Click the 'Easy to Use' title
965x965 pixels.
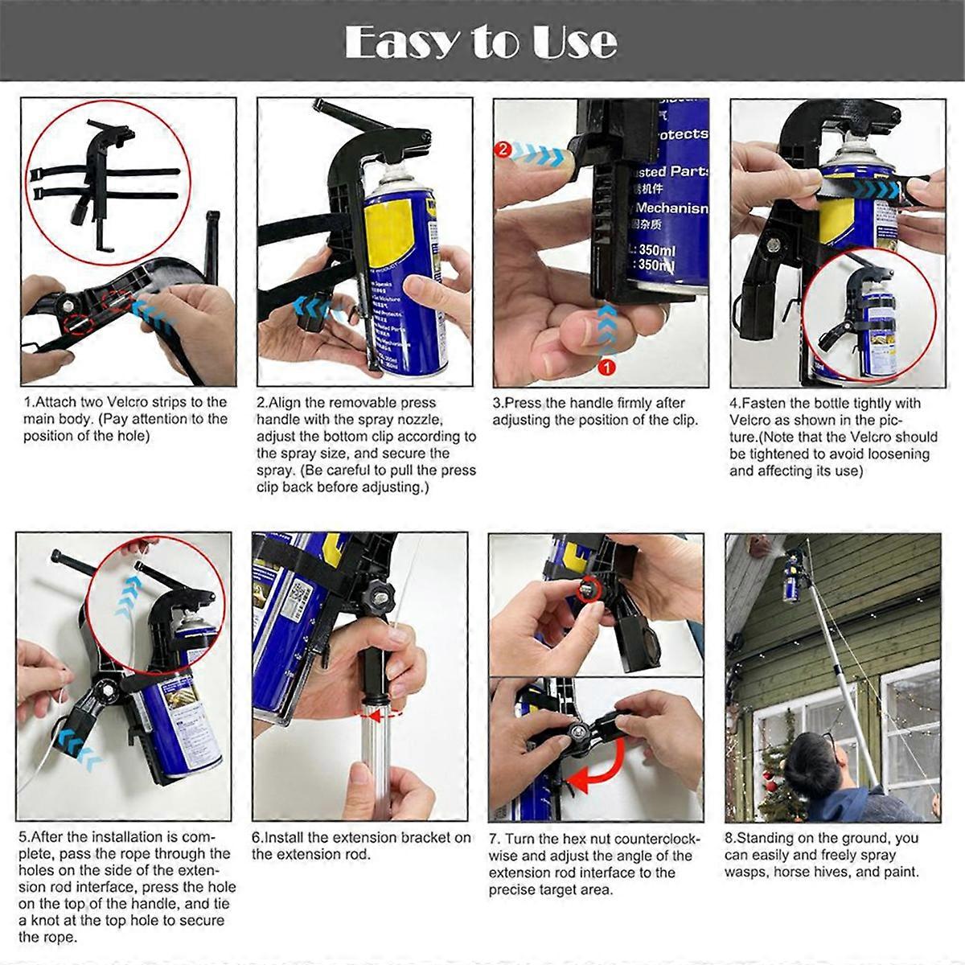tap(481, 42)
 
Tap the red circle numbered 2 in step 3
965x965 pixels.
tap(503, 149)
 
